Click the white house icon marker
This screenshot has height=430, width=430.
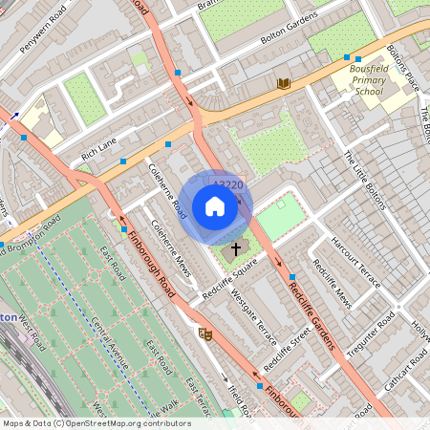(x=215, y=206)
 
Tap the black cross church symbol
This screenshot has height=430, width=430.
(x=234, y=249)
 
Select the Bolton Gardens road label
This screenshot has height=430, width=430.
(x=290, y=34)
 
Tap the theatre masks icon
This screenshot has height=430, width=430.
(x=204, y=333)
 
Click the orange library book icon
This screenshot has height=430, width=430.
(x=284, y=84)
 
